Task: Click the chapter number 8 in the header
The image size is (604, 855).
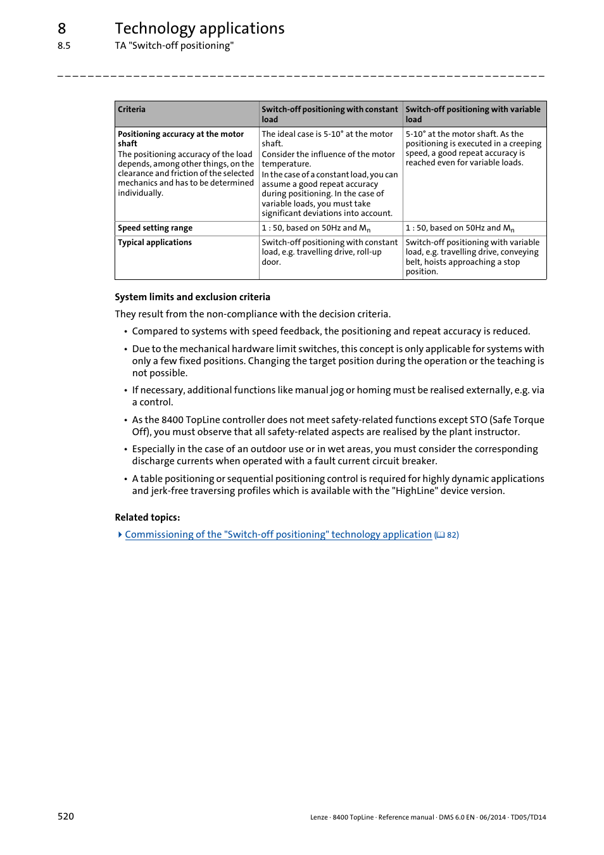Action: pyautogui.click(x=61, y=28)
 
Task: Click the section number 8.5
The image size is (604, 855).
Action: pyautogui.click(x=64, y=46)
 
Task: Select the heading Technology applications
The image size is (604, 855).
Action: pyautogui.click(x=199, y=28)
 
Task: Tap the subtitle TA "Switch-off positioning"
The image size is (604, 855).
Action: pyautogui.click(x=174, y=46)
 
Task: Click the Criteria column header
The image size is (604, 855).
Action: pyautogui.click(x=132, y=110)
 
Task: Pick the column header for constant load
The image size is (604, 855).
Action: pyautogui.click(x=330, y=114)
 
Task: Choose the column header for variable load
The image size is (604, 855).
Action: pyautogui.click(x=473, y=114)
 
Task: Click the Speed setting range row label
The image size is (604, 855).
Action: pyautogui.click(x=155, y=228)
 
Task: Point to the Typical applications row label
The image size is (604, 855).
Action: pyautogui.click(x=154, y=243)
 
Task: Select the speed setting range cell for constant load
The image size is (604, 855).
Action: pyautogui.click(x=316, y=228)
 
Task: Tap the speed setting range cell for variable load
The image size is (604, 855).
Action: pyautogui.click(x=460, y=228)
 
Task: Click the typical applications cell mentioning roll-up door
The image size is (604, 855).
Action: pyautogui.click(x=329, y=252)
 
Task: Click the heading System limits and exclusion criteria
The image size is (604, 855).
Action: pyautogui.click(x=192, y=297)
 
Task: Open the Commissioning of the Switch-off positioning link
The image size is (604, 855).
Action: pyautogui.click(x=278, y=535)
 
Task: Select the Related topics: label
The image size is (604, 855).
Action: pyautogui.click(x=148, y=517)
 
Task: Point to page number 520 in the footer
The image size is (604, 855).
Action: pyautogui.click(x=66, y=816)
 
